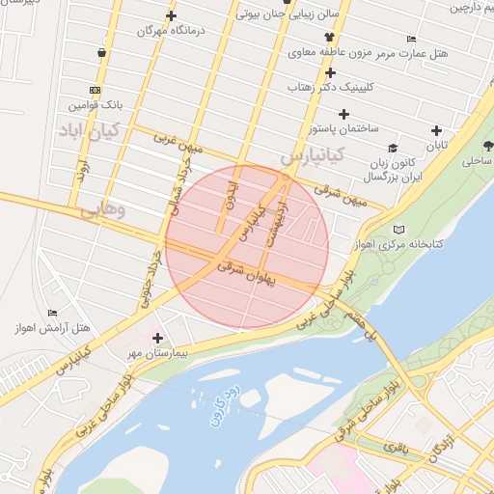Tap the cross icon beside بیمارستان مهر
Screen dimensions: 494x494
[x=158, y=338]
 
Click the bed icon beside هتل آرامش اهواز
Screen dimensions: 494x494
[x=52, y=313]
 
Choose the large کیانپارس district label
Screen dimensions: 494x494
[x=311, y=154]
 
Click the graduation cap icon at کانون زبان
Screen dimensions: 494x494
[x=393, y=148]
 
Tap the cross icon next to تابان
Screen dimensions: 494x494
[x=437, y=130]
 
